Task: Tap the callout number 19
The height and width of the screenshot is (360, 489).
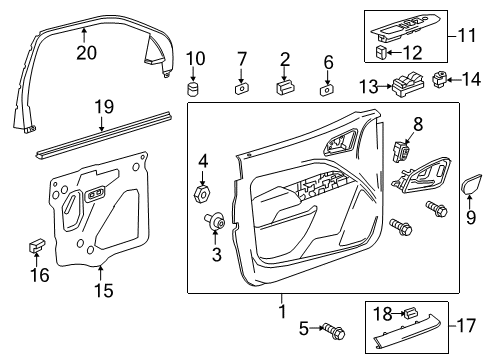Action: (103, 107)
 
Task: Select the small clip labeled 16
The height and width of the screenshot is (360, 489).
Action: (38, 244)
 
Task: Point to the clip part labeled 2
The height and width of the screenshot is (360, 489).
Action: (285, 88)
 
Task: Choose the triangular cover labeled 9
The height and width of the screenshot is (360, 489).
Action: (468, 184)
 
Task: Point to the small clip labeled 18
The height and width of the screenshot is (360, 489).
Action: (408, 314)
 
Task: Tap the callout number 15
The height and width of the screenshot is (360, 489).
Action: (102, 292)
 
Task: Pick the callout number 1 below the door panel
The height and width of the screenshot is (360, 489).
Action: (281, 310)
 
